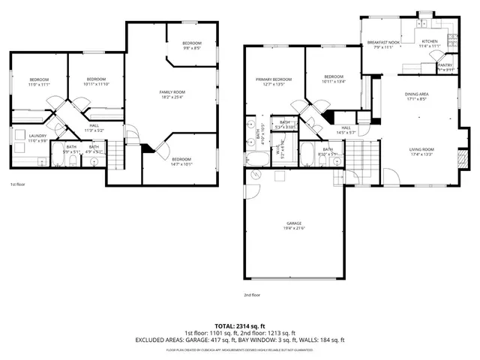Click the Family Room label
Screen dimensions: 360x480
(x=172, y=91)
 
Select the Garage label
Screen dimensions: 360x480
(x=294, y=223)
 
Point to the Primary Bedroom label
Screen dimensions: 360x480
(x=273, y=79)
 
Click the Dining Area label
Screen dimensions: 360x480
(x=416, y=94)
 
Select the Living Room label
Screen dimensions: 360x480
(x=421, y=149)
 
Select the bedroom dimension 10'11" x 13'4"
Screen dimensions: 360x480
(x=334, y=81)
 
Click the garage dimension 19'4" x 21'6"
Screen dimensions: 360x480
(x=294, y=228)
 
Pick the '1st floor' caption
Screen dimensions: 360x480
(x=17, y=184)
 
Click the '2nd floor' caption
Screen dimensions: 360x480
(x=253, y=295)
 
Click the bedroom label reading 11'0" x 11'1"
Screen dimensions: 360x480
(x=39, y=85)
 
